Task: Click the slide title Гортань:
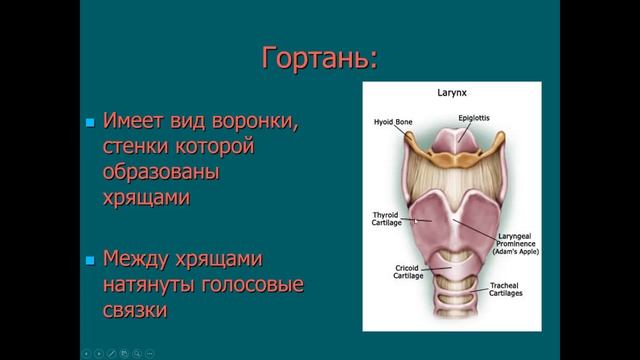(320, 58)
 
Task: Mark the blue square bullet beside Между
(89, 261)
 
